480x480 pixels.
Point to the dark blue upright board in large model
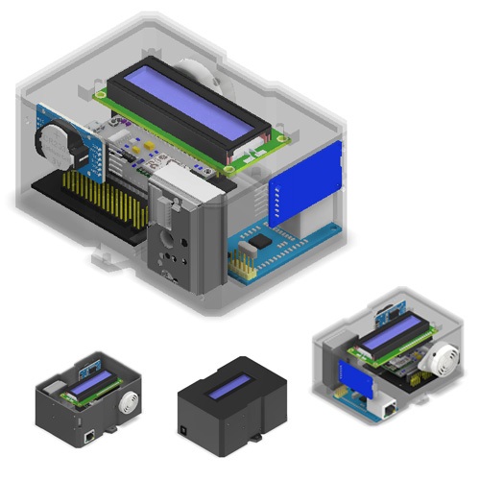(305, 187)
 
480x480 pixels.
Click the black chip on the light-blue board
(252, 248)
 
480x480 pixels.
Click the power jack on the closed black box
(184, 421)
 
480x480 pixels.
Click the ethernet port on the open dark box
(89, 435)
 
